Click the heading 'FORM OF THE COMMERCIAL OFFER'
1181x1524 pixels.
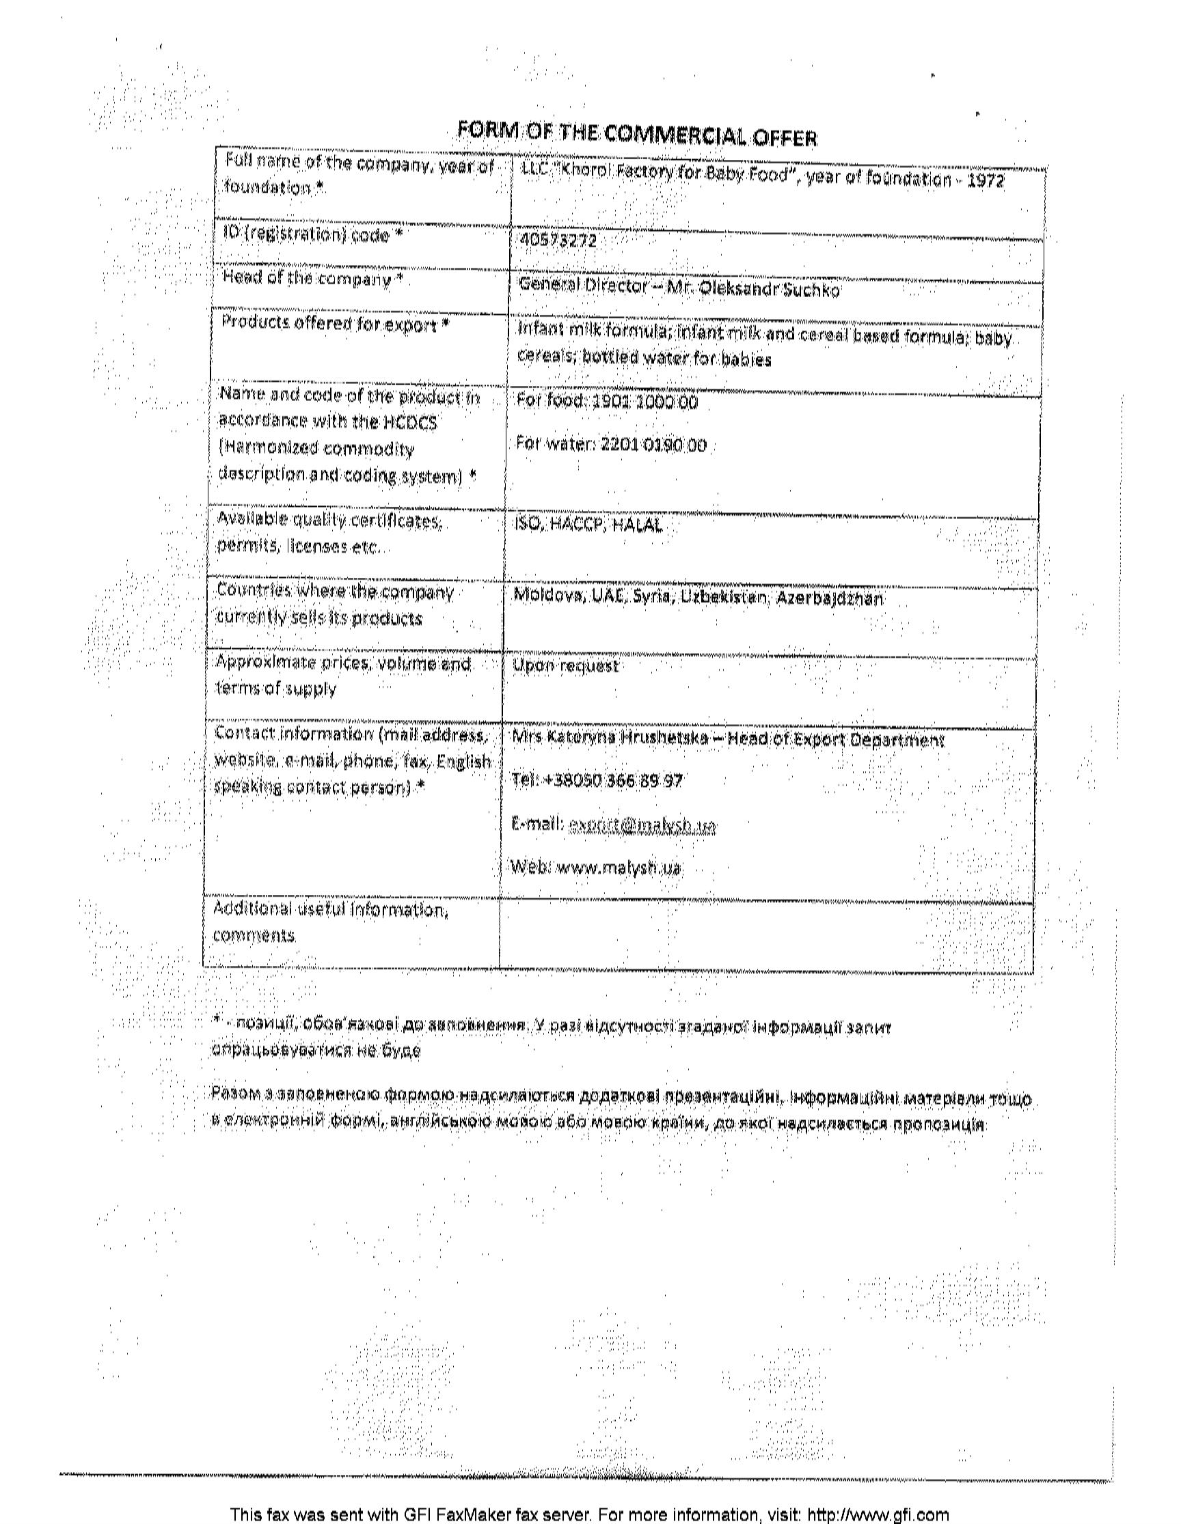click(x=636, y=135)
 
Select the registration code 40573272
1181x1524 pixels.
click(x=558, y=240)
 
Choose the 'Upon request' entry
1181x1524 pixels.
click(x=565, y=666)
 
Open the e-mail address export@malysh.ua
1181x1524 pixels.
click(x=642, y=826)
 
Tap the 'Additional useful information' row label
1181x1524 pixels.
click(x=329, y=909)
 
